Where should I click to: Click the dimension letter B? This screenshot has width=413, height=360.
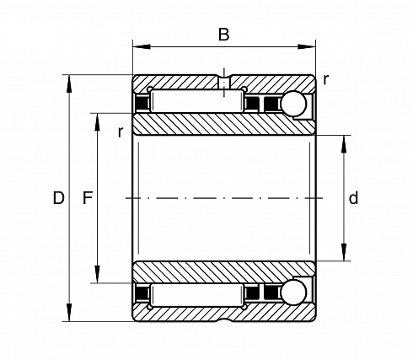tap(223, 35)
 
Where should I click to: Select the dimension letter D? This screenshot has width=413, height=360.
tap(59, 198)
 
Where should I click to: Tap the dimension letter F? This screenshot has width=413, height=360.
tap(88, 197)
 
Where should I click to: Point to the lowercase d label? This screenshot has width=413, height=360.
tap(353, 198)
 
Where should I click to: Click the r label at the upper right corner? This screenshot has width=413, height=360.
tap(325, 80)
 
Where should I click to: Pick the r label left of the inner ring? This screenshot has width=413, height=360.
tap(121, 132)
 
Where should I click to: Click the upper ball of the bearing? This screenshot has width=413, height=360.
tap(294, 104)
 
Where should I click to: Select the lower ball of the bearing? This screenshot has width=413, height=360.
tap(294, 293)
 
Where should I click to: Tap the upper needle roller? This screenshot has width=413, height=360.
tap(196, 101)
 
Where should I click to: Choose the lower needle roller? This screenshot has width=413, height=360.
tap(196, 295)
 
